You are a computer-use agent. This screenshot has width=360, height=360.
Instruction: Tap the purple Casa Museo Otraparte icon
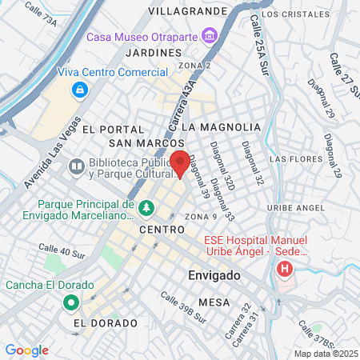tap(210, 35)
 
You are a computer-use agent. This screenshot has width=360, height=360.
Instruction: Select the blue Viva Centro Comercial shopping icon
tap(79, 90)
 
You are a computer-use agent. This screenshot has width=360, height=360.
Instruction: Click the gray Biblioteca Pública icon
tap(77, 167)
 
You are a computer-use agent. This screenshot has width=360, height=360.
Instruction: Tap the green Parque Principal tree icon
tap(146, 209)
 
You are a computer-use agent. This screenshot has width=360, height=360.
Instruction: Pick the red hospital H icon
tap(284, 270)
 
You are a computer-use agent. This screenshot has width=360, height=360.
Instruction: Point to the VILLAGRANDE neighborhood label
tap(188, 12)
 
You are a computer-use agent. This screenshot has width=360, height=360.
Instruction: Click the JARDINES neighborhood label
tap(150, 52)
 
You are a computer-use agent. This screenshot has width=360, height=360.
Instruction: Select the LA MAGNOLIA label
tap(221, 127)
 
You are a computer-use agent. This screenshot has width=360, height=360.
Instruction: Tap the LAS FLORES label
tap(294, 158)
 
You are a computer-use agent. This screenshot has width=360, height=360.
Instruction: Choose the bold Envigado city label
tap(214, 275)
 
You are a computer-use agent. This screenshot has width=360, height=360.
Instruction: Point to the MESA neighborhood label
tap(214, 302)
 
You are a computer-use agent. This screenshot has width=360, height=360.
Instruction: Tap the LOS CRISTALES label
tap(294, 14)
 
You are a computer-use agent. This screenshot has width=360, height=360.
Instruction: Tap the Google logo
tap(26, 350)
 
